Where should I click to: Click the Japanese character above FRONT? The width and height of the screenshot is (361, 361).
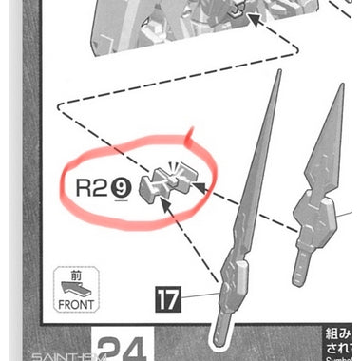click(x=77, y=274)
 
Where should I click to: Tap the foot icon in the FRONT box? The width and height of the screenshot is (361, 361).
click(x=77, y=288)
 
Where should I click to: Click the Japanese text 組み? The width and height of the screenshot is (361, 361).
click(x=338, y=336)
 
